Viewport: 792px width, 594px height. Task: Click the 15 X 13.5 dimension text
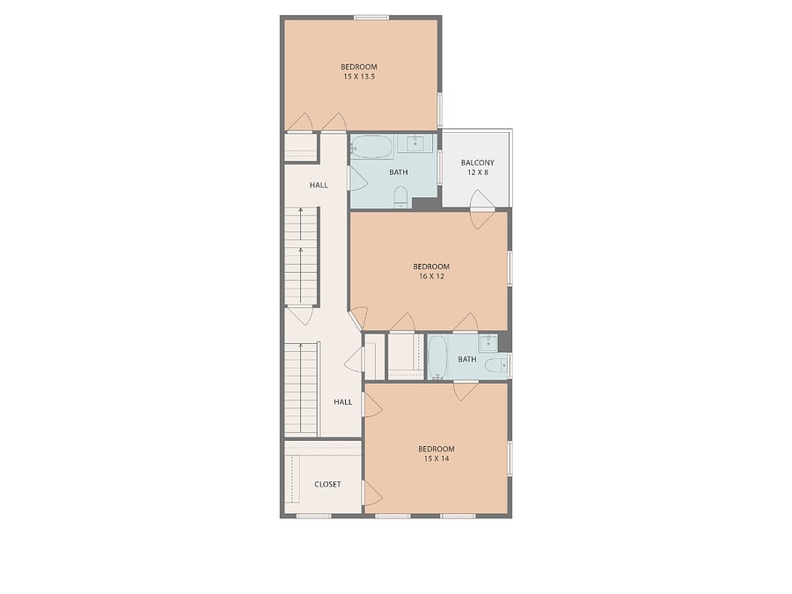(359, 77)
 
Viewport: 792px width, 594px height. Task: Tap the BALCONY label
(477, 163)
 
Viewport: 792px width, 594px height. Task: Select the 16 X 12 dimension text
(432, 276)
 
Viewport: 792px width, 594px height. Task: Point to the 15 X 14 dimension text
(436, 458)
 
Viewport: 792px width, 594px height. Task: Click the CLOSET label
(328, 484)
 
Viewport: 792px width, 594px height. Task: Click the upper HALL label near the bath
(319, 186)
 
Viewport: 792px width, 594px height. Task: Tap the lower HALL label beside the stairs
(343, 402)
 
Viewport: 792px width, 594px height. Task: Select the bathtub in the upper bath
(371, 146)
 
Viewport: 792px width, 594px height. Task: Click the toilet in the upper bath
(400, 196)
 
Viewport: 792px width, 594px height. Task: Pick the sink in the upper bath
(415, 143)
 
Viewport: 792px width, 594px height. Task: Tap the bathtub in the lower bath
(437, 357)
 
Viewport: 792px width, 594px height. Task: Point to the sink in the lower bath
(488, 343)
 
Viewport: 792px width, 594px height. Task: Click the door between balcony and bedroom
(481, 209)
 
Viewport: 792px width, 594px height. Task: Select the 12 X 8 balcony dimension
(477, 172)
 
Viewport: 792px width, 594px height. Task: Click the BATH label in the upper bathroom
(399, 172)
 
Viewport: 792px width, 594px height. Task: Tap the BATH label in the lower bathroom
(467, 360)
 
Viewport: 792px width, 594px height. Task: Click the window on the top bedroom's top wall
(371, 18)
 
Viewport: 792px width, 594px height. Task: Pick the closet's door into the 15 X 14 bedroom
(372, 493)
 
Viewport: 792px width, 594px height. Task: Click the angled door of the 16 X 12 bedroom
(357, 319)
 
